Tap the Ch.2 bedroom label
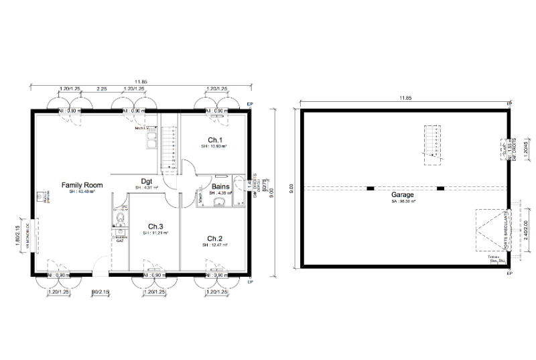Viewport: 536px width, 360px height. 214,239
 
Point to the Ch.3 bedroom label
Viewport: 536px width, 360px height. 155,226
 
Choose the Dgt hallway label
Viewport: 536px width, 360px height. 147,180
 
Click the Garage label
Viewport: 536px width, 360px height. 403,195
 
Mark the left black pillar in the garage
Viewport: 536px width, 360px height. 370,188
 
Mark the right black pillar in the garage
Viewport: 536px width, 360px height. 440,188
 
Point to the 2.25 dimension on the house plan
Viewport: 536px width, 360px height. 102,88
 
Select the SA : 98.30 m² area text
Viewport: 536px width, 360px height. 403,202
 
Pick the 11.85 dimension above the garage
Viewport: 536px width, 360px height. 405,99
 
